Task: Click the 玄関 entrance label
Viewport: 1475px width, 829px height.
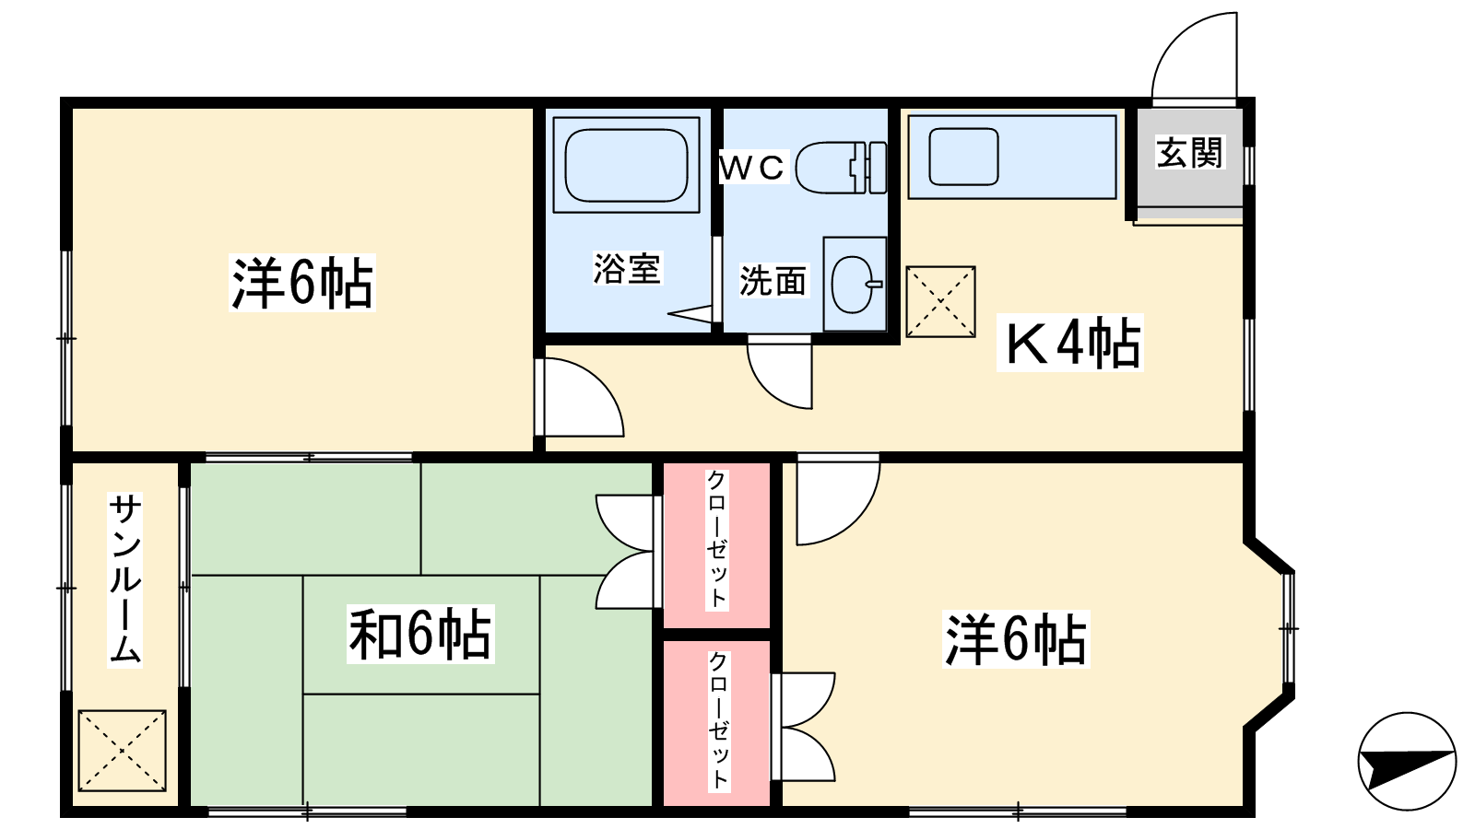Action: pos(1189,153)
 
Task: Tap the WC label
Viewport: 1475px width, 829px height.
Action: pos(752,167)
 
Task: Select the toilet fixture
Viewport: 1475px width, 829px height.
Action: pos(841,167)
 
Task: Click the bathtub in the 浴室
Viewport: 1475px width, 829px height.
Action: pos(626,165)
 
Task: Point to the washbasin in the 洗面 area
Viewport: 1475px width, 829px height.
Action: pos(854,285)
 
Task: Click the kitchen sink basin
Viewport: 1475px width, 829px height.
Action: pos(963,157)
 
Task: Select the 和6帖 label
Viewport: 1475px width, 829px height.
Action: pos(420,635)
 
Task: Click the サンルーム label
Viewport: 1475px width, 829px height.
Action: pos(124,579)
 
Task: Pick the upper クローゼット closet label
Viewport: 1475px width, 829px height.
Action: pos(716,539)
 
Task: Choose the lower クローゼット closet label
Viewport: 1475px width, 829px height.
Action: pos(718,719)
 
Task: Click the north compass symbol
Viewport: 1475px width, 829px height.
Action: pos(1407,762)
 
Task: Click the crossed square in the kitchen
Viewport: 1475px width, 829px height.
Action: pos(940,302)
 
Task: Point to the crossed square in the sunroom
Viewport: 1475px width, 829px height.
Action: pos(123,751)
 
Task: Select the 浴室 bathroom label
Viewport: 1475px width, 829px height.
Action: pos(627,268)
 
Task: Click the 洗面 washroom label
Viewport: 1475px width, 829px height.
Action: pos(773,281)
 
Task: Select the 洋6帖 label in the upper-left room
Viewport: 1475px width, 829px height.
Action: pos(302,283)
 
